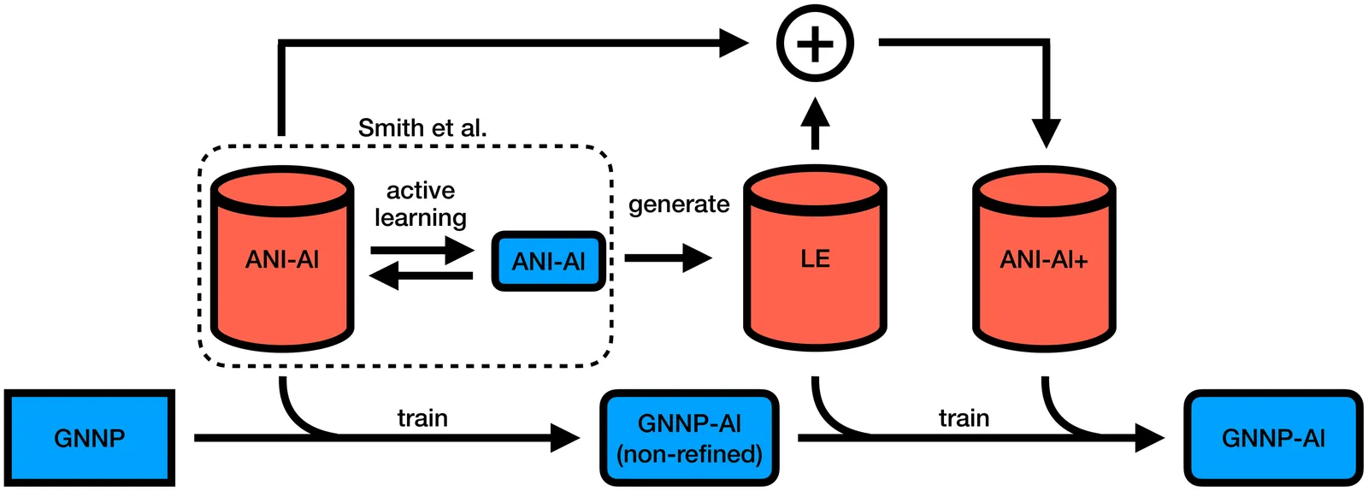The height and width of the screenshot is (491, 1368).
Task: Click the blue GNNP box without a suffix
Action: click(89, 438)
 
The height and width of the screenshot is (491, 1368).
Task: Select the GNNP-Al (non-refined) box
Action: click(689, 438)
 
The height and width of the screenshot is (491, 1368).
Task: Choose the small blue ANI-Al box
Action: click(548, 261)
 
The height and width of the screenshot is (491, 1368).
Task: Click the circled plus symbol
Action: click(815, 43)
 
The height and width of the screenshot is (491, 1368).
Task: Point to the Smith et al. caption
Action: click(422, 128)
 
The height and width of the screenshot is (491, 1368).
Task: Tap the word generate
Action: click(679, 204)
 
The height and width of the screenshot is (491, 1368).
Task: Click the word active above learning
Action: click(421, 190)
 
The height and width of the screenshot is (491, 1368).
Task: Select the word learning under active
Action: click(421, 217)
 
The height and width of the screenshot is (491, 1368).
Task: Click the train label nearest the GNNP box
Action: click(422, 417)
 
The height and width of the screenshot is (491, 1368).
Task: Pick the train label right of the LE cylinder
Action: click(964, 417)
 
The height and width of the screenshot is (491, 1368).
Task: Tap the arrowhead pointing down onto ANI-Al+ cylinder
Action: click(1046, 133)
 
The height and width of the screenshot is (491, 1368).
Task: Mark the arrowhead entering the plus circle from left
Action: click(734, 42)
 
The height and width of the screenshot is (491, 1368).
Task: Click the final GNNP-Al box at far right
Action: click(1273, 438)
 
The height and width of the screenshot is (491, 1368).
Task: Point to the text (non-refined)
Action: click(689, 453)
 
